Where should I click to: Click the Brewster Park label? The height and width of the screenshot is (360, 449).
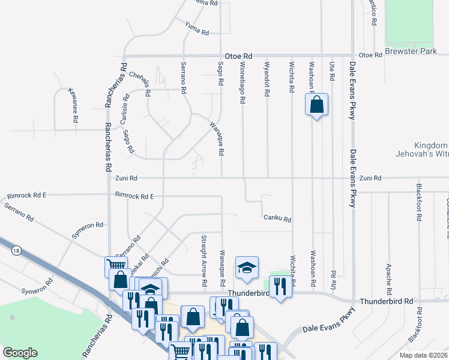(411, 52)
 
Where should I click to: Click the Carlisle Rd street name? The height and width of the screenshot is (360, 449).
(125, 109)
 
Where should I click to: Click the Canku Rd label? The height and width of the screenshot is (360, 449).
(277, 220)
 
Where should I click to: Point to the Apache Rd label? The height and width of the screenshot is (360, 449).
(390, 274)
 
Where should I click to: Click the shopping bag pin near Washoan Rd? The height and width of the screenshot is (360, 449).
(316, 105)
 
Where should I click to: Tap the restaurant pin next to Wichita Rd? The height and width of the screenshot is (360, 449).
(280, 286)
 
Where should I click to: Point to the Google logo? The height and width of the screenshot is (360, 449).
(20, 353)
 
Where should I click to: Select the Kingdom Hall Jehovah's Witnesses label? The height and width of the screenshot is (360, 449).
(431, 150)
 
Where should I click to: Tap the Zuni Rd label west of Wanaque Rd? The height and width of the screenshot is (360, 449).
(126, 178)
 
